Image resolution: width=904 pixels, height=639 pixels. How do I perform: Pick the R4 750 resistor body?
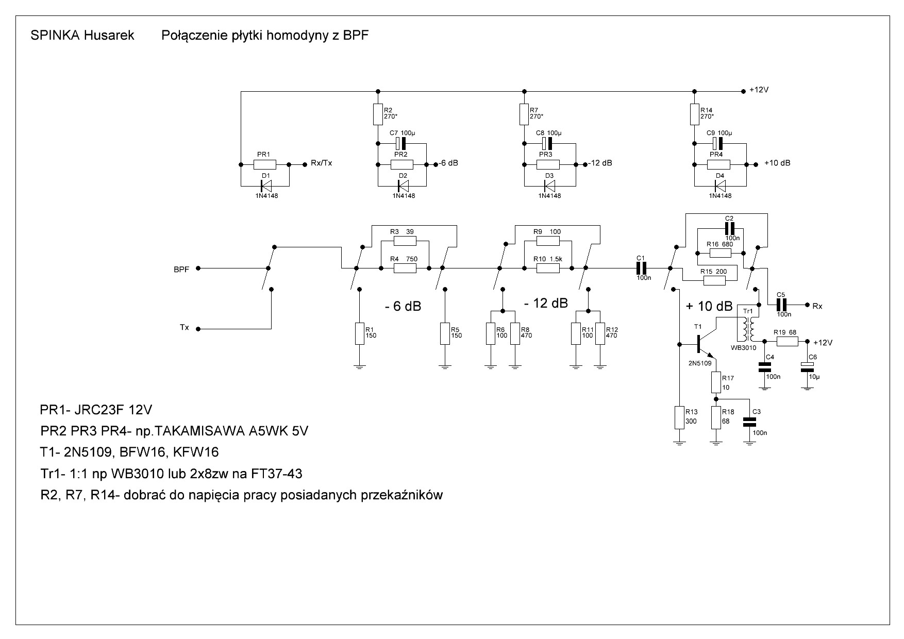(x=405, y=268)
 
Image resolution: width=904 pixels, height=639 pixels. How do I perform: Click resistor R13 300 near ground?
(x=680, y=417)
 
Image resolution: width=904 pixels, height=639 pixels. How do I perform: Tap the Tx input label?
(x=184, y=328)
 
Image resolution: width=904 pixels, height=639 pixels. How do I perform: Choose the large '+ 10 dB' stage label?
(x=709, y=306)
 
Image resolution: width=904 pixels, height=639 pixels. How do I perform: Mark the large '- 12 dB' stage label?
(x=546, y=304)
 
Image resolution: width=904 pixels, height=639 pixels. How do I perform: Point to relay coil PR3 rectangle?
(x=548, y=165)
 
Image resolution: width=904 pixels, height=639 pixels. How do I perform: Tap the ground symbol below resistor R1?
(x=359, y=366)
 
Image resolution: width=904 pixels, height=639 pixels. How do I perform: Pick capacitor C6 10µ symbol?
(x=807, y=367)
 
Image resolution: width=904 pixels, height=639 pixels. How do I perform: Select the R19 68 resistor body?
(x=787, y=341)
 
